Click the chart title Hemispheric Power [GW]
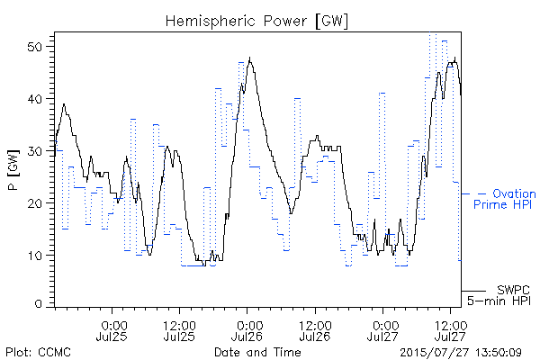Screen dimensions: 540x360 click(256, 22)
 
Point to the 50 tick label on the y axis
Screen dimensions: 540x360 click(36, 47)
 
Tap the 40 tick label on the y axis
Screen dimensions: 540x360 click(36, 99)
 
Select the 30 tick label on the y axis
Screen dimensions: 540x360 click(36, 151)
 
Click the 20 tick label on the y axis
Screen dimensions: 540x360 click(36, 203)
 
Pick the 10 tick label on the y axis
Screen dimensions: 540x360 click(36, 256)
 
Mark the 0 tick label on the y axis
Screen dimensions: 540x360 click(39, 304)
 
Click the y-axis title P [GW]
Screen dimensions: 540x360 click(13, 170)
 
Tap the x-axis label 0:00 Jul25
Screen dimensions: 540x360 click(112, 331)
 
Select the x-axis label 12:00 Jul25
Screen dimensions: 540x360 click(179, 331)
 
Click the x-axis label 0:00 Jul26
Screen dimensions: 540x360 click(247, 331)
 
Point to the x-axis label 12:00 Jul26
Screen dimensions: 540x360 click(315, 331)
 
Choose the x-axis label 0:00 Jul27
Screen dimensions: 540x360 click(382, 331)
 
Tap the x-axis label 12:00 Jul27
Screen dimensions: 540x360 click(451, 331)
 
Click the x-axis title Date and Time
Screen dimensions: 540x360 click(257, 352)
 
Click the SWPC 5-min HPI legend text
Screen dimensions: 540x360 click(499, 295)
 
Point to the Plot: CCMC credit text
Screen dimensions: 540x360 click(38, 352)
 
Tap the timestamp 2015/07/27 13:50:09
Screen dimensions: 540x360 click(461, 353)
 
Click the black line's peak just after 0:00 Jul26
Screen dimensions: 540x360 click(249, 58)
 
